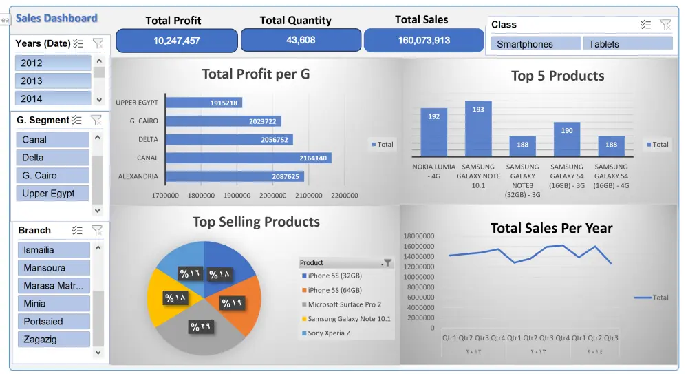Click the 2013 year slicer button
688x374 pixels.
53,81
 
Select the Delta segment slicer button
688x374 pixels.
53,158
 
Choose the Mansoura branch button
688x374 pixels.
54,268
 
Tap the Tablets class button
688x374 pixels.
627,44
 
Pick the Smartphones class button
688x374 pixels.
536,44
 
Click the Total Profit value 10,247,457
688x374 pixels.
177,41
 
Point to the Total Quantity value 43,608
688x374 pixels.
301,41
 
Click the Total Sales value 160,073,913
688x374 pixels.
424,41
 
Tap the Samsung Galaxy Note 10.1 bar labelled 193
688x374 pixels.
478,129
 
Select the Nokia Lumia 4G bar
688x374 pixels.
434,132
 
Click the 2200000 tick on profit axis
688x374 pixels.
344,196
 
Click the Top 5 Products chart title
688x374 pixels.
557,76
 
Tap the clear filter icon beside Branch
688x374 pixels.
97,230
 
